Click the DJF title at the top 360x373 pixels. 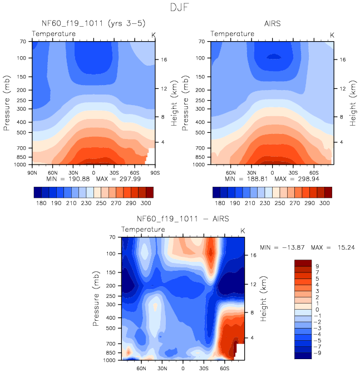coord(180,8)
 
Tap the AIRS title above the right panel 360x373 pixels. coord(273,24)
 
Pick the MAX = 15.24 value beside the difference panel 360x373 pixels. coord(334,247)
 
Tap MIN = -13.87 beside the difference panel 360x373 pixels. coord(284,247)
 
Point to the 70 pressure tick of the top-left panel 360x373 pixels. coord(23,42)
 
